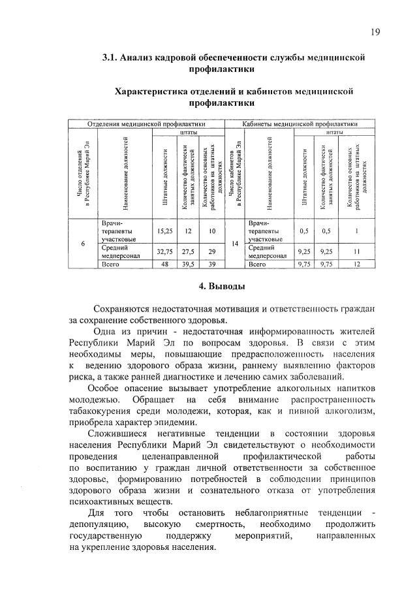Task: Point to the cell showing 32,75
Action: tap(164, 251)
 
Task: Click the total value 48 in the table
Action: tap(164, 264)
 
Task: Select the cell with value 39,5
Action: tap(189, 264)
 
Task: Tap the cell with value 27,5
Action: tap(189, 251)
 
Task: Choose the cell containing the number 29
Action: tap(211, 251)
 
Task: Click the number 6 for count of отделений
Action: tap(83, 244)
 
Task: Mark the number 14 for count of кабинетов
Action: tap(235, 244)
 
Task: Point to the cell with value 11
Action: tap(356, 251)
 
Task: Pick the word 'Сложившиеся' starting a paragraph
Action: tap(115, 434)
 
